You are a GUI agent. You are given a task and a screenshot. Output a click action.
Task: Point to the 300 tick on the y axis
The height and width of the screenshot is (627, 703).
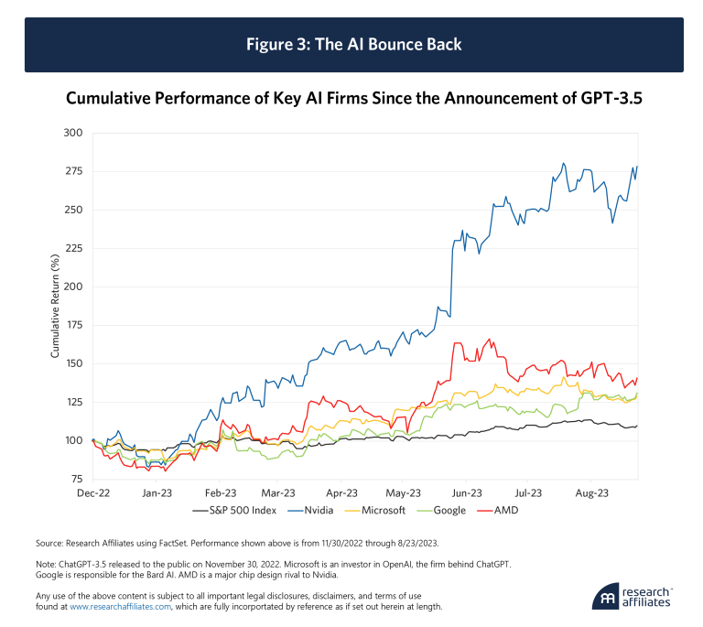[74, 134]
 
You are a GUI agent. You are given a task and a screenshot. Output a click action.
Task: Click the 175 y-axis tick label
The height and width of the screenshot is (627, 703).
[74, 325]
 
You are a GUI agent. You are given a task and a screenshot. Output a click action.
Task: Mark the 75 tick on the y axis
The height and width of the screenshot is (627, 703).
[77, 479]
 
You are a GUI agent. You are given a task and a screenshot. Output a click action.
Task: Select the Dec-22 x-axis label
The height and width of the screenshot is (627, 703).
[92, 492]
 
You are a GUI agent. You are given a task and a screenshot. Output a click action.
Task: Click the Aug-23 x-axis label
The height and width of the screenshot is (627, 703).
[592, 492]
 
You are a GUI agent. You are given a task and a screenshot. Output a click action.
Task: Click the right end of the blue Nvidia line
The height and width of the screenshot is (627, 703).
[637, 167]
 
